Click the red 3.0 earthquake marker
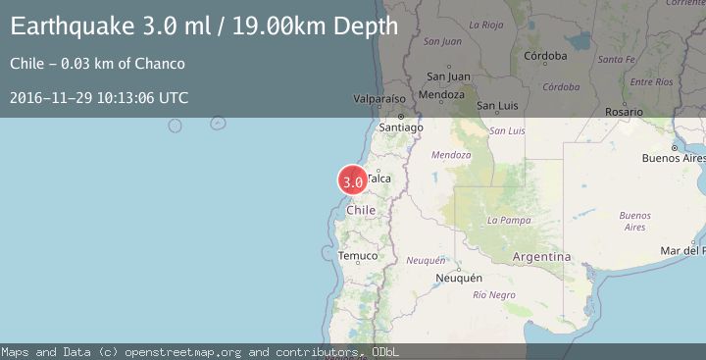point(352,180)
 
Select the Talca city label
point(378,179)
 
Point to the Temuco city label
point(358,256)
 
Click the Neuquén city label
point(459,278)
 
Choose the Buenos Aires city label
point(673,158)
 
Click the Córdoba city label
point(545,56)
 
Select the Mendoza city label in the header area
point(440,95)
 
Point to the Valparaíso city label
point(379,99)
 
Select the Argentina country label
point(541,256)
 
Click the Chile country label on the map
point(362,210)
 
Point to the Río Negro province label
point(493,294)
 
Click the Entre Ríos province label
point(652,81)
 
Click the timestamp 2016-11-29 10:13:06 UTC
point(99,97)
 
